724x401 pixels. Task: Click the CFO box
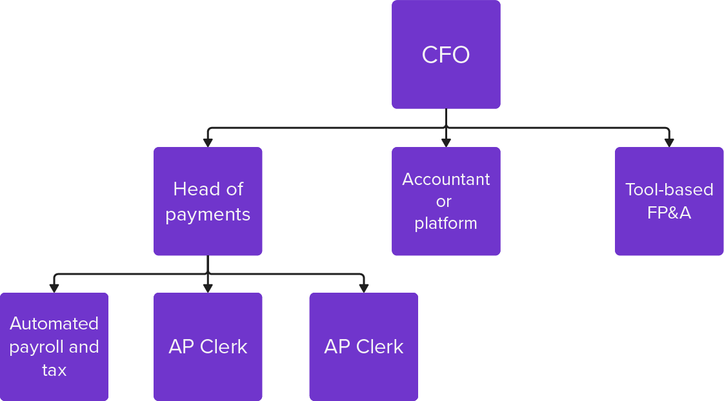pos(446,54)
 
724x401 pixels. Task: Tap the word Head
pos(190,190)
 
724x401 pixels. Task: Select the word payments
pos(208,215)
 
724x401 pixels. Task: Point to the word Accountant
pos(446,179)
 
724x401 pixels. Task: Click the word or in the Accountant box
pos(443,202)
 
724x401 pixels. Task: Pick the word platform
pos(446,224)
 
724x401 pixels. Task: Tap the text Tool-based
pos(669,190)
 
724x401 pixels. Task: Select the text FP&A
pos(669,213)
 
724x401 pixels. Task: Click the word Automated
pos(54,324)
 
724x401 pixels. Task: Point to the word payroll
pos(37,347)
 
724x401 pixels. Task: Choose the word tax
pos(54,370)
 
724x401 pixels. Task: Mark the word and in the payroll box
pos(84,347)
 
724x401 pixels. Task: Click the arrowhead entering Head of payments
pos(208,142)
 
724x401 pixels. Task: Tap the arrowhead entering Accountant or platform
pos(446,142)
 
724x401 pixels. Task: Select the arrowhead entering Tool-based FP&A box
pos(669,142)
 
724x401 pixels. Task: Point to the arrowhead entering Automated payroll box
pos(54,288)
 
